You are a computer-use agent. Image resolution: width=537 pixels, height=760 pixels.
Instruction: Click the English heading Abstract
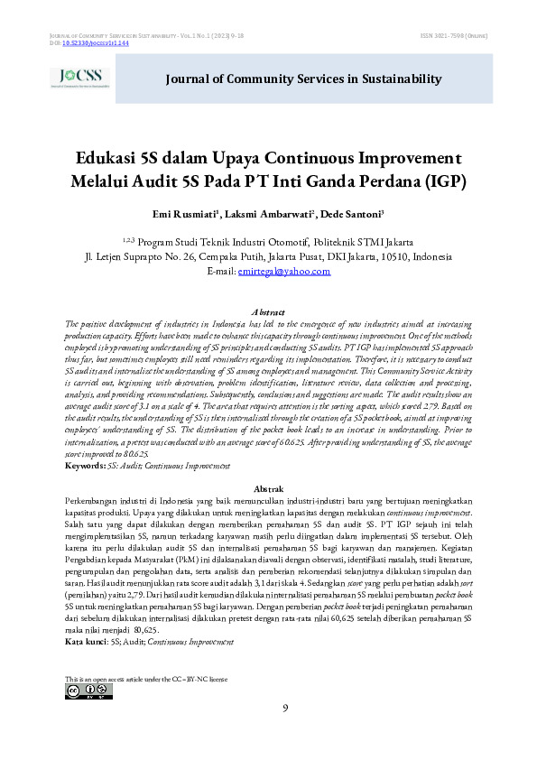pos(268,311)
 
